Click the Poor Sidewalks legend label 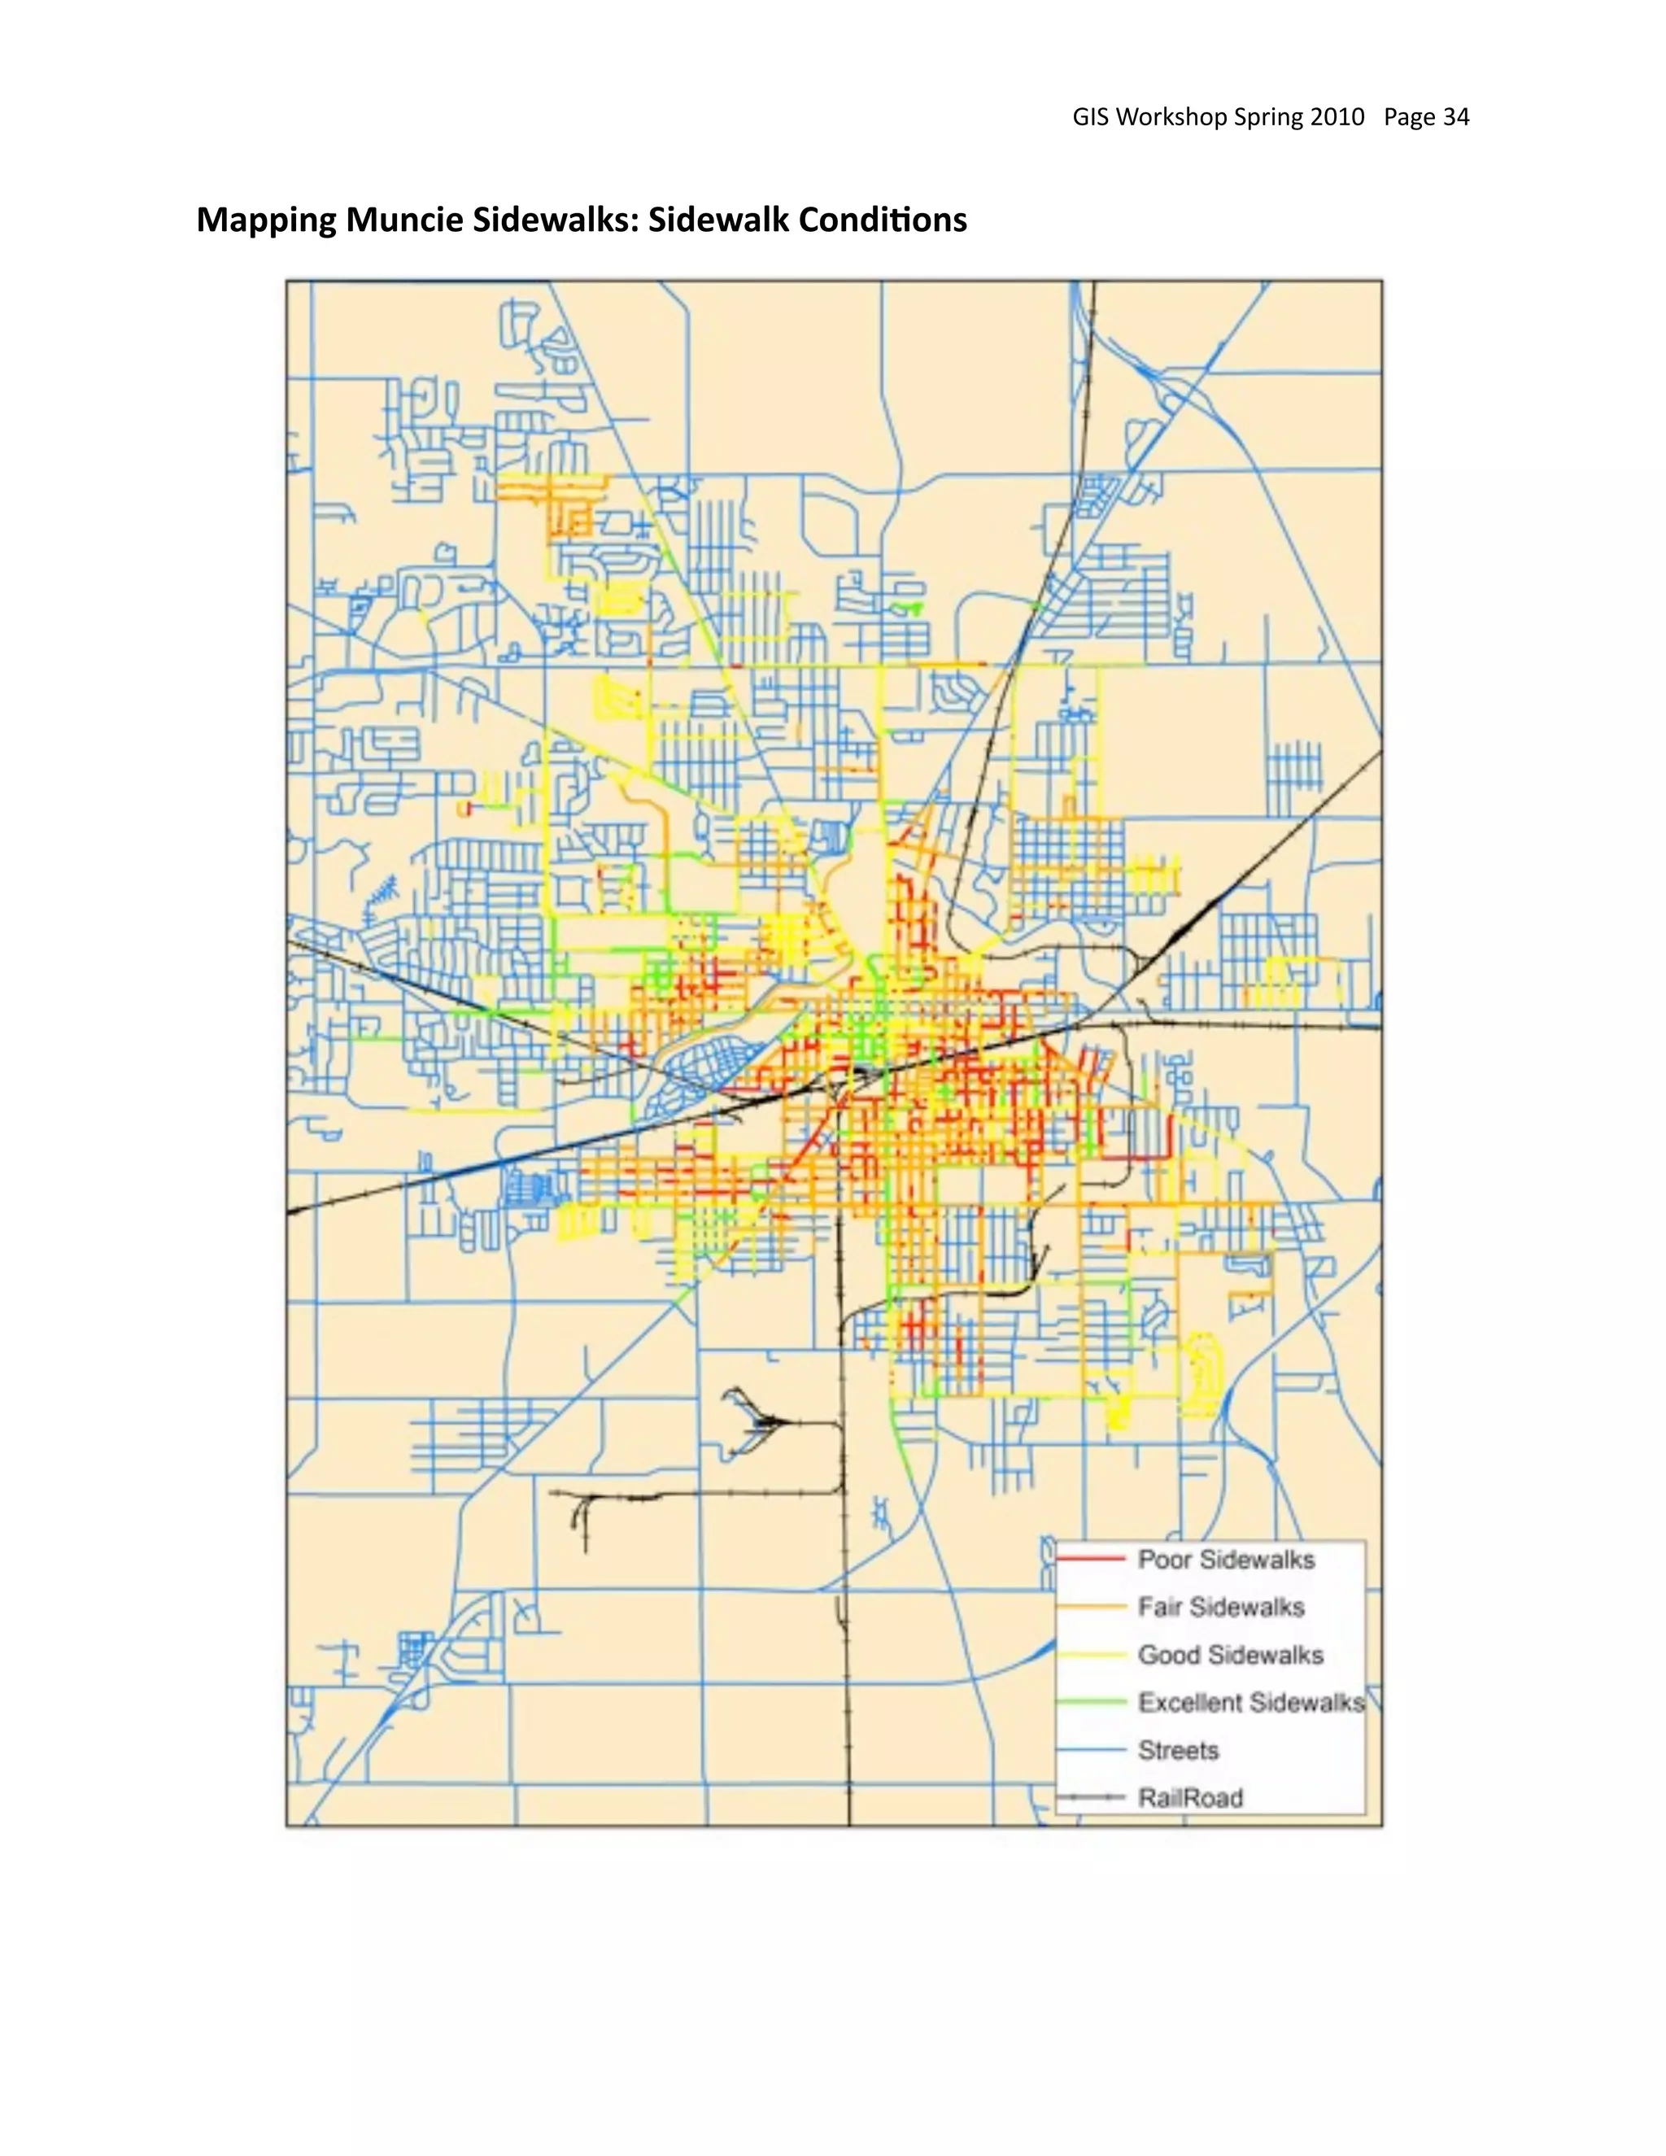pos(1226,1560)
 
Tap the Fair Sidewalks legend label pos(1221,1607)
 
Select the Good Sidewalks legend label pos(1230,1655)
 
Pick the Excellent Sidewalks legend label pos(1250,1702)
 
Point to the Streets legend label pos(1179,1750)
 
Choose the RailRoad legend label pos(1190,1798)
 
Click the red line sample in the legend pos(1091,1560)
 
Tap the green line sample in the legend pos(1091,1702)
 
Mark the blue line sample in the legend pos(1091,1750)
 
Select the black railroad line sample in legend pos(1091,1798)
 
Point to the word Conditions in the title pos(883,219)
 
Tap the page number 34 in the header pos(1456,117)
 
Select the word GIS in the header pos(1091,117)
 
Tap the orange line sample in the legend pos(1091,1607)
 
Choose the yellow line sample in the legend pos(1091,1655)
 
